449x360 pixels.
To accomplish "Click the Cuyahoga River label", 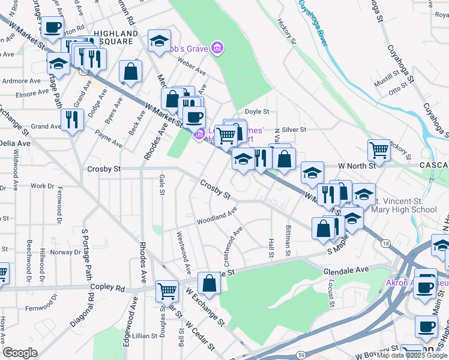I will pyautogui.click(x=315, y=22).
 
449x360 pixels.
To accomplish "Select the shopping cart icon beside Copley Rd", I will pyautogui.click(x=167, y=291).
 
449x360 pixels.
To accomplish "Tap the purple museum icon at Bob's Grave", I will pyautogui.click(x=217, y=47).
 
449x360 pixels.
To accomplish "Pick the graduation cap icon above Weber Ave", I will pyautogui.click(x=159, y=41).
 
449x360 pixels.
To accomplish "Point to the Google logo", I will pyautogui.click(x=20, y=353).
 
